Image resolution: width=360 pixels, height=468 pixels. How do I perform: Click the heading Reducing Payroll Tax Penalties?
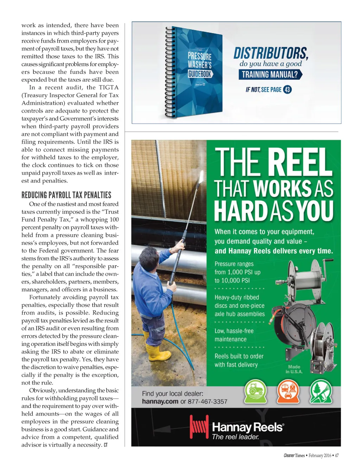click(66, 195)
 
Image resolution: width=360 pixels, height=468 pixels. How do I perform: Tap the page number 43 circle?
click(287, 89)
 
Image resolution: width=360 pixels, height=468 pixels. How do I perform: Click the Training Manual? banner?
click(270, 75)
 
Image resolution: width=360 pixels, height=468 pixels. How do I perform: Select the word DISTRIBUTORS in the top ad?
click(271, 53)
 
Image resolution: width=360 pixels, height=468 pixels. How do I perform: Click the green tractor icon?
click(255, 391)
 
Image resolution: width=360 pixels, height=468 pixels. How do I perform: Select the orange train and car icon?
click(288, 391)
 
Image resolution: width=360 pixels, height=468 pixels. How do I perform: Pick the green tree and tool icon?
click(321, 391)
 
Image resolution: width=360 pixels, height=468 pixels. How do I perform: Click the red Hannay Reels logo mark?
click(199, 426)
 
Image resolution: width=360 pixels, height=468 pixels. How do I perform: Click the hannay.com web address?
click(160, 401)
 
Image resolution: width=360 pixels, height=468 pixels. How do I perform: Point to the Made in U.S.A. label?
click(294, 369)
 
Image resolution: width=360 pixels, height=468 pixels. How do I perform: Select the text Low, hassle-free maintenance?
click(234, 335)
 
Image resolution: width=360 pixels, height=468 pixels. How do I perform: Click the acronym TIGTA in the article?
click(108, 87)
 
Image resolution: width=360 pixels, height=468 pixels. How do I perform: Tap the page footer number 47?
click(336, 455)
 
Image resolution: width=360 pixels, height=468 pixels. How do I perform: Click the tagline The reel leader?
click(236, 437)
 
